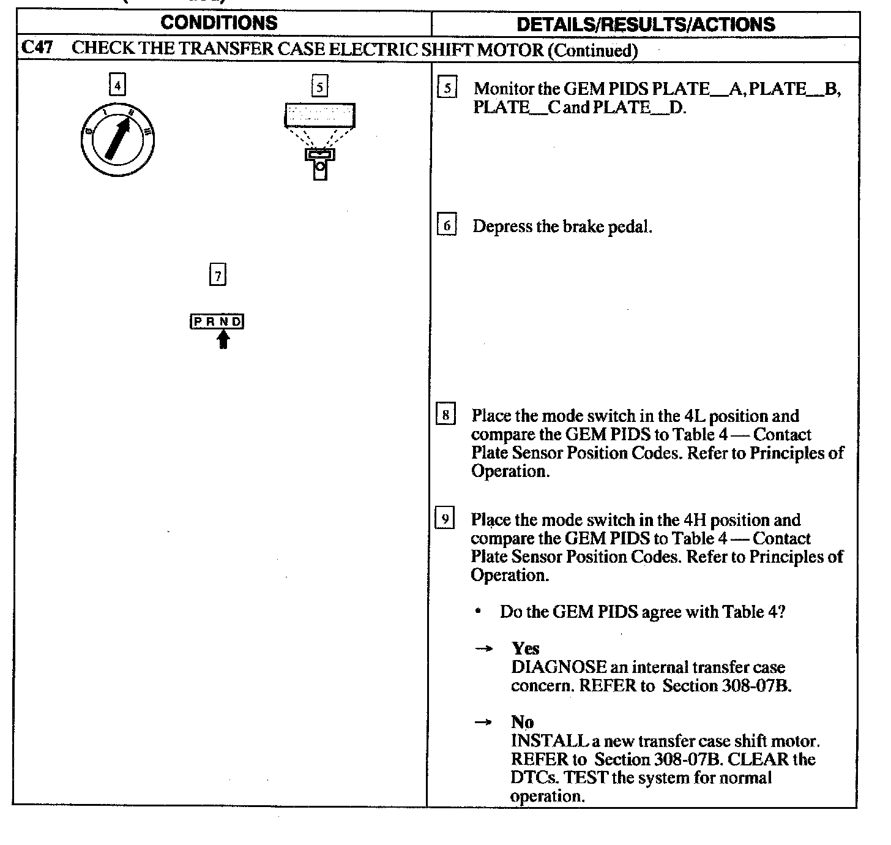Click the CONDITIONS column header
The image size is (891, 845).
[x=218, y=23]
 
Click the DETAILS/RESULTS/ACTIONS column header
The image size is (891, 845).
[x=646, y=24]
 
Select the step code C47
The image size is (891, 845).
[x=39, y=48]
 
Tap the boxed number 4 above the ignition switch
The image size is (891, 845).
[x=117, y=84]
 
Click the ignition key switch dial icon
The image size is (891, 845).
[x=117, y=140]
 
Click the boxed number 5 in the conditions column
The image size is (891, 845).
[x=319, y=86]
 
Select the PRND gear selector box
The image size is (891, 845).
[x=217, y=321]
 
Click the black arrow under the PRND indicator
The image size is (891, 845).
[x=223, y=339]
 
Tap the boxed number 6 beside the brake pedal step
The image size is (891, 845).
[x=447, y=226]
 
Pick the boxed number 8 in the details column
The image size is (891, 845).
[x=446, y=415]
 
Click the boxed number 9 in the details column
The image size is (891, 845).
[x=445, y=519]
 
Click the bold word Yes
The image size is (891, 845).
[x=526, y=648]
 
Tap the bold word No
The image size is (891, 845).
[x=522, y=723]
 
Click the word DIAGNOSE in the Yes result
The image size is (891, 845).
[x=558, y=667]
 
